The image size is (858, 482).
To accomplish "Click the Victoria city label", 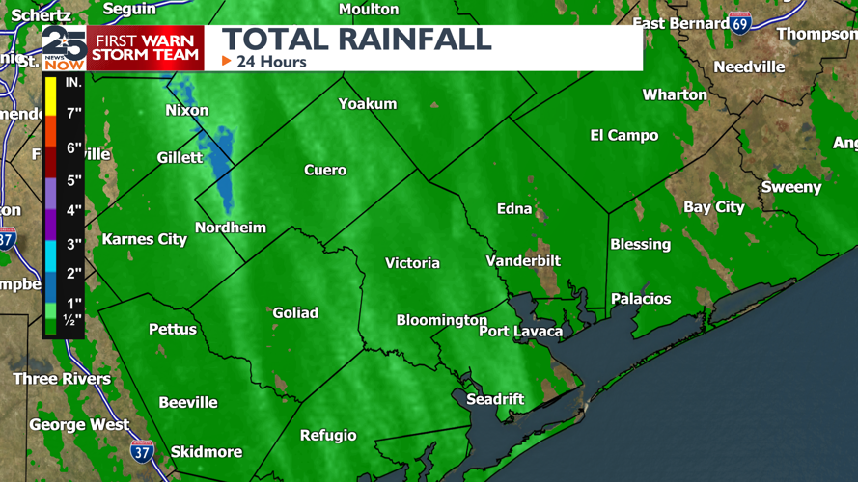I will (412, 263).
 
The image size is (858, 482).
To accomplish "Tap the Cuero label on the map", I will (325, 170).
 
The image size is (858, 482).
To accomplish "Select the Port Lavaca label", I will (521, 332).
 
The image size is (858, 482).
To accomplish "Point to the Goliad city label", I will (295, 312).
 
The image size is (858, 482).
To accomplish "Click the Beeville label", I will (188, 402).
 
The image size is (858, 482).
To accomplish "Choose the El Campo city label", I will (623, 136).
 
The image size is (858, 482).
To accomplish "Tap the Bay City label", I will (714, 207).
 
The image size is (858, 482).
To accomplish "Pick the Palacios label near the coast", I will (640, 299).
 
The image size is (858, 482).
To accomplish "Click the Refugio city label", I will (328, 435).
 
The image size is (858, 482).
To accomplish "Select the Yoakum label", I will (368, 103).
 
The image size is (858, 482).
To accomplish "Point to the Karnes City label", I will (145, 239).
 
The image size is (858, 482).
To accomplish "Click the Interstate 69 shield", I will (740, 23).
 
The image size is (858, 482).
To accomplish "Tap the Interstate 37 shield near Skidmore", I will (142, 450).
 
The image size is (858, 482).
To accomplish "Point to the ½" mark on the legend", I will (72, 320).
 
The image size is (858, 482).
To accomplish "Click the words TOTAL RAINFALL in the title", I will (357, 40).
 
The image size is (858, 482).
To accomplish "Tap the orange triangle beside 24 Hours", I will (227, 62).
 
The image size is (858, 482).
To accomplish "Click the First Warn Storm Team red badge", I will (146, 47).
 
